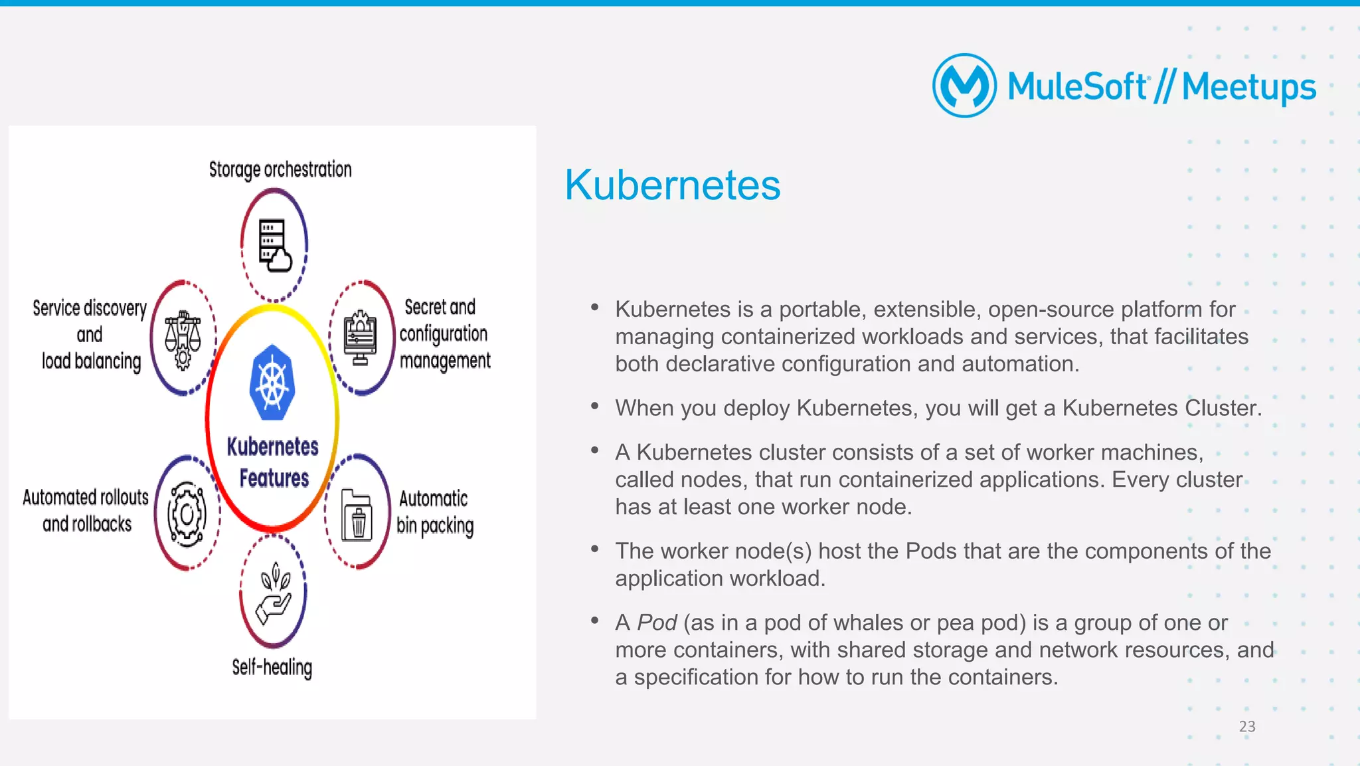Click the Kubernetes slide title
(672, 185)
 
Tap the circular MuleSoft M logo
(964, 86)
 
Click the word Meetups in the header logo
(1248, 87)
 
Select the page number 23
(1246, 726)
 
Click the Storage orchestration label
(280, 169)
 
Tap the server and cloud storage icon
(274, 245)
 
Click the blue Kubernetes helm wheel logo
(272, 383)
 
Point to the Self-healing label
(272, 667)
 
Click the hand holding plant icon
(274, 593)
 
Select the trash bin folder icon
(357, 516)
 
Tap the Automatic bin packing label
(435, 512)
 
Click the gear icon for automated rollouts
(187, 514)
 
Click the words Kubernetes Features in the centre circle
(273, 462)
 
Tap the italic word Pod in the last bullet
(657, 622)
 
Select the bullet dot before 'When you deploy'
(594, 406)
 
